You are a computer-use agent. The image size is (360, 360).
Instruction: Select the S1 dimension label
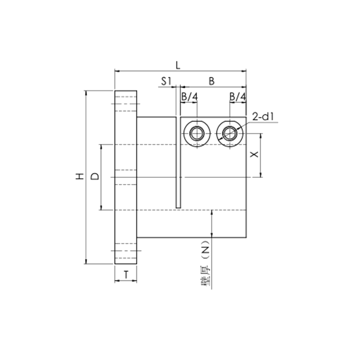coord(166,81)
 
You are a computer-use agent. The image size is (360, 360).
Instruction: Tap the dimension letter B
coord(211,81)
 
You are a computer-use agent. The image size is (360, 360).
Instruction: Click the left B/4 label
coord(189,97)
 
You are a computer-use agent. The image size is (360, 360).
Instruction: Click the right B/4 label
coord(237,97)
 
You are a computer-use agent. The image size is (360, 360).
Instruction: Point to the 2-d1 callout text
coord(263,117)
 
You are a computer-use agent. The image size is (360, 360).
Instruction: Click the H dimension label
coord(80,177)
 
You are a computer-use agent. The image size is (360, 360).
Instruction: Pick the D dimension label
coord(95,176)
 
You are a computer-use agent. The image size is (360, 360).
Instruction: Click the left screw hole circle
coord(196,133)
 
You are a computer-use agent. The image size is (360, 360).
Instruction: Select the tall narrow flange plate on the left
coord(126,178)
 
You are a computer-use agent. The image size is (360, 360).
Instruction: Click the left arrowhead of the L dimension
coord(117,71)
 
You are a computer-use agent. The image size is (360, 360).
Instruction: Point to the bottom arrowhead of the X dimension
coord(261,175)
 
